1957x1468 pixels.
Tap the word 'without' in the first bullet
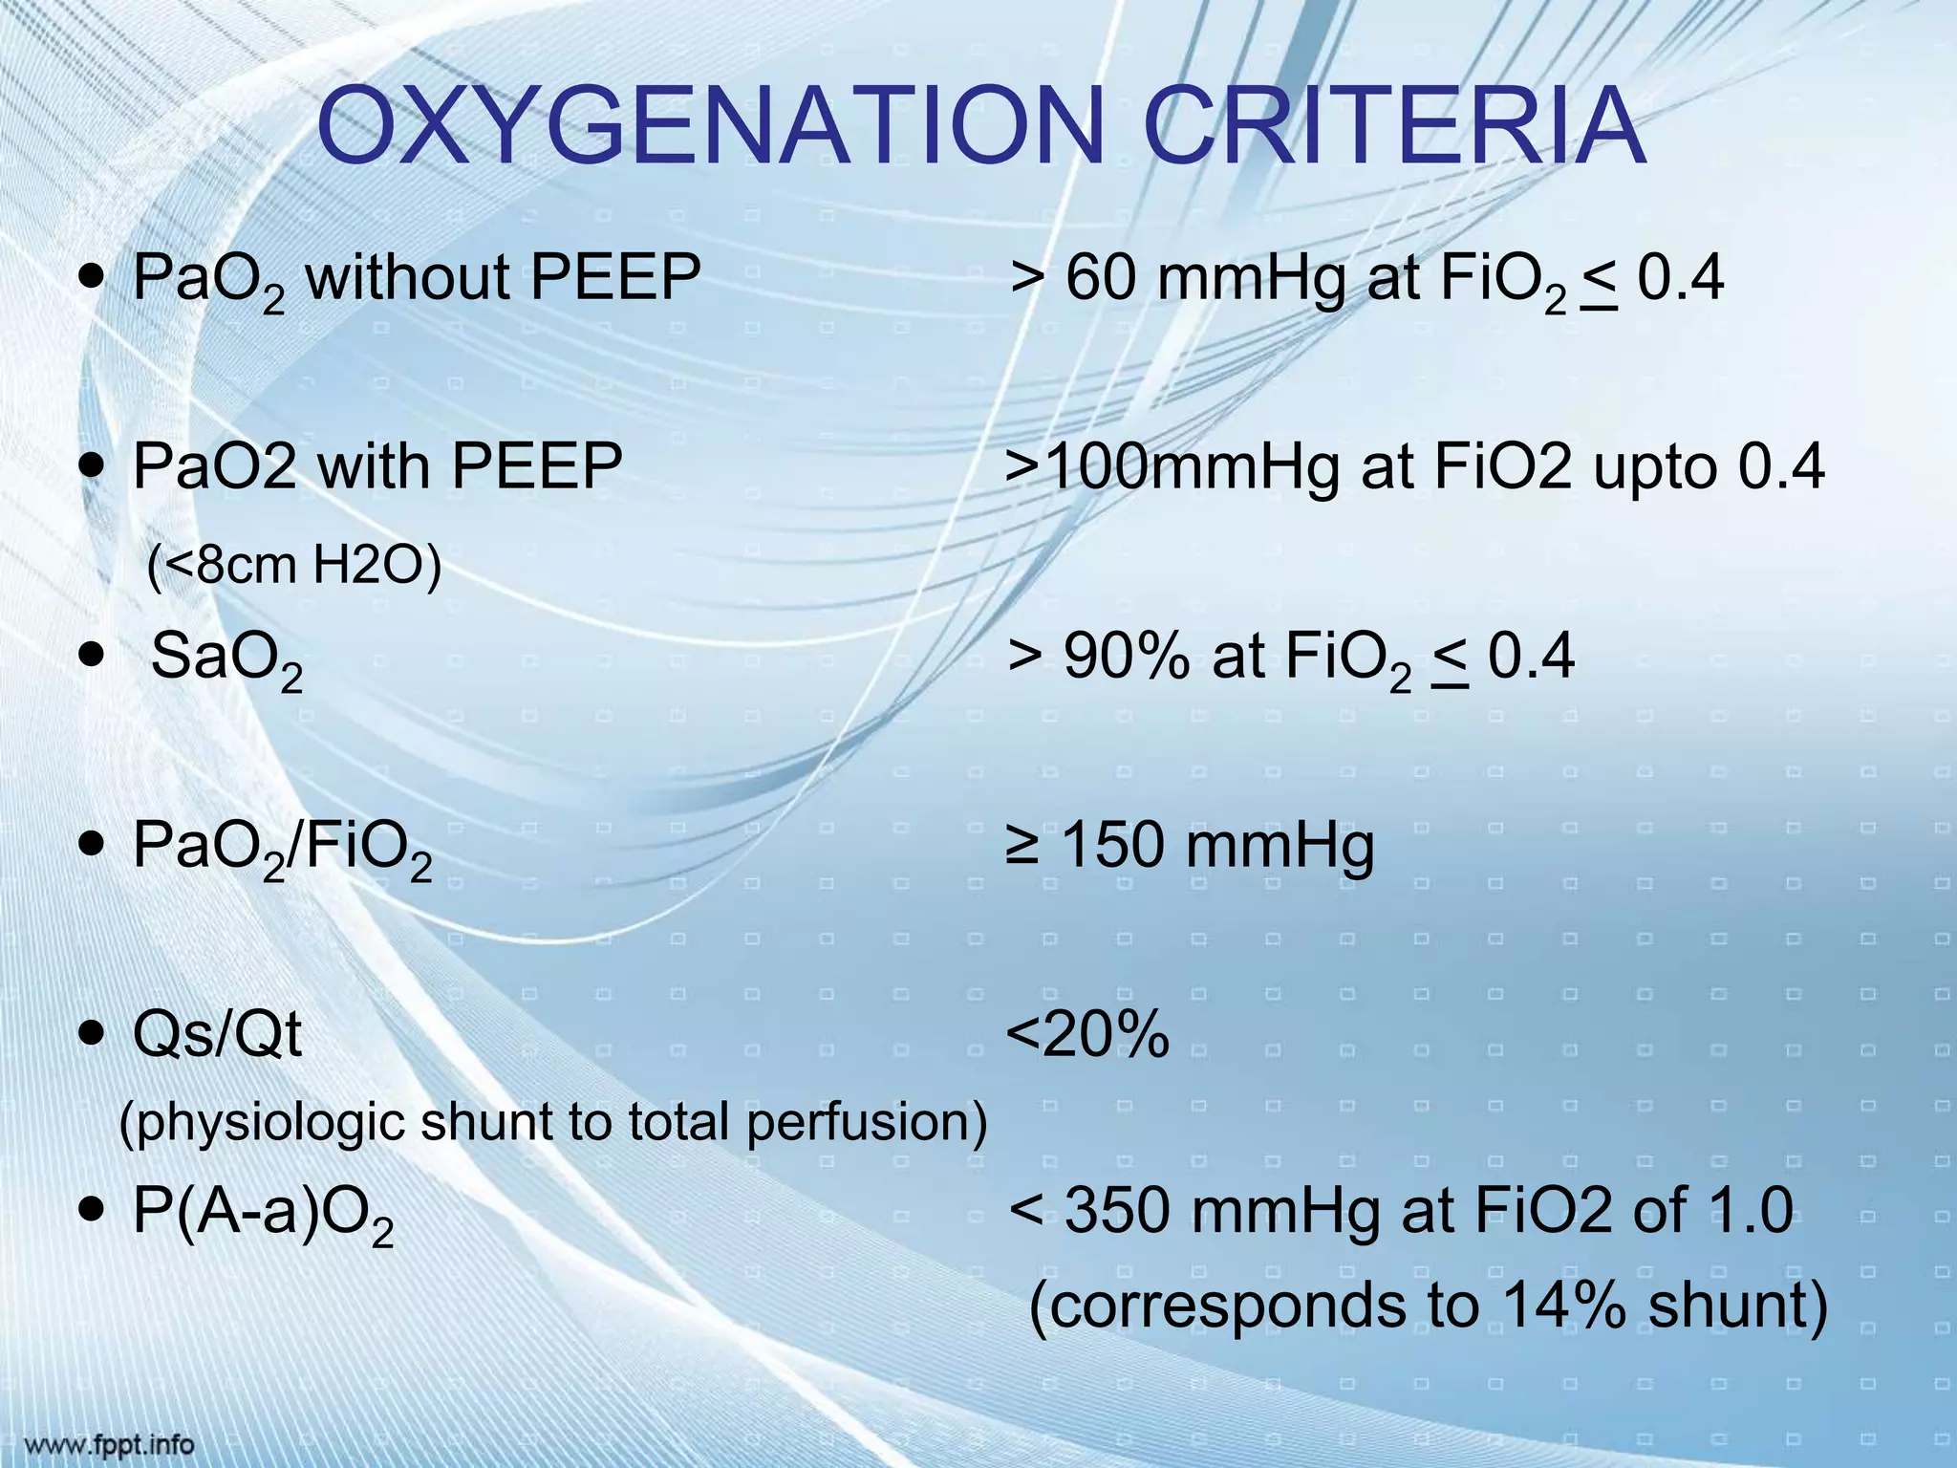[408, 279]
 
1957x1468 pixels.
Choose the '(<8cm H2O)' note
[294, 565]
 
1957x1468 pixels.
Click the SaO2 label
[226, 658]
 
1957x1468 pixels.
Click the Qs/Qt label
[217, 1035]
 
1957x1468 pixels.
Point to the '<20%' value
[1087, 1034]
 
